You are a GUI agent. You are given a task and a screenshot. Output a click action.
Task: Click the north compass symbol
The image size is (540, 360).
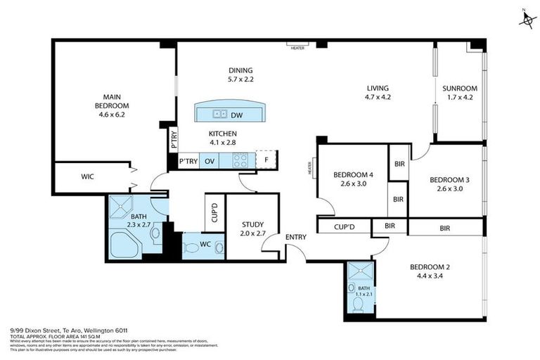[x=527, y=20]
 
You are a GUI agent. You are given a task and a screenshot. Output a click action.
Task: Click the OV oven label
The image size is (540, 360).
[x=210, y=161]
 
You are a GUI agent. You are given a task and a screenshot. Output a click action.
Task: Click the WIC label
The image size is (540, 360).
[x=88, y=176]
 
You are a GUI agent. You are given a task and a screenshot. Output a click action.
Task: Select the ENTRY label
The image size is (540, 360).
[x=296, y=237]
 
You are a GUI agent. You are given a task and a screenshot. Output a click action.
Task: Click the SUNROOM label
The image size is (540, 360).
[x=460, y=93]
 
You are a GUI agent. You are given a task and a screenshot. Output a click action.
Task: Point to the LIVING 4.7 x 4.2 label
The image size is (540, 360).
[x=378, y=93]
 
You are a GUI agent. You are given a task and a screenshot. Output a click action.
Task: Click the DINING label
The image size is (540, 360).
[x=240, y=75]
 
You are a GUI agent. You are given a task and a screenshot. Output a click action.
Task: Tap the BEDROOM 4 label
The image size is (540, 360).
[x=353, y=179]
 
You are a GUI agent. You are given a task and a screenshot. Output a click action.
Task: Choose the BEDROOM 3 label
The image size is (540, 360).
[x=449, y=184]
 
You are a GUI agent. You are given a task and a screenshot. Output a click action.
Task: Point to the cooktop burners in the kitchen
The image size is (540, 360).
[x=240, y=161]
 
